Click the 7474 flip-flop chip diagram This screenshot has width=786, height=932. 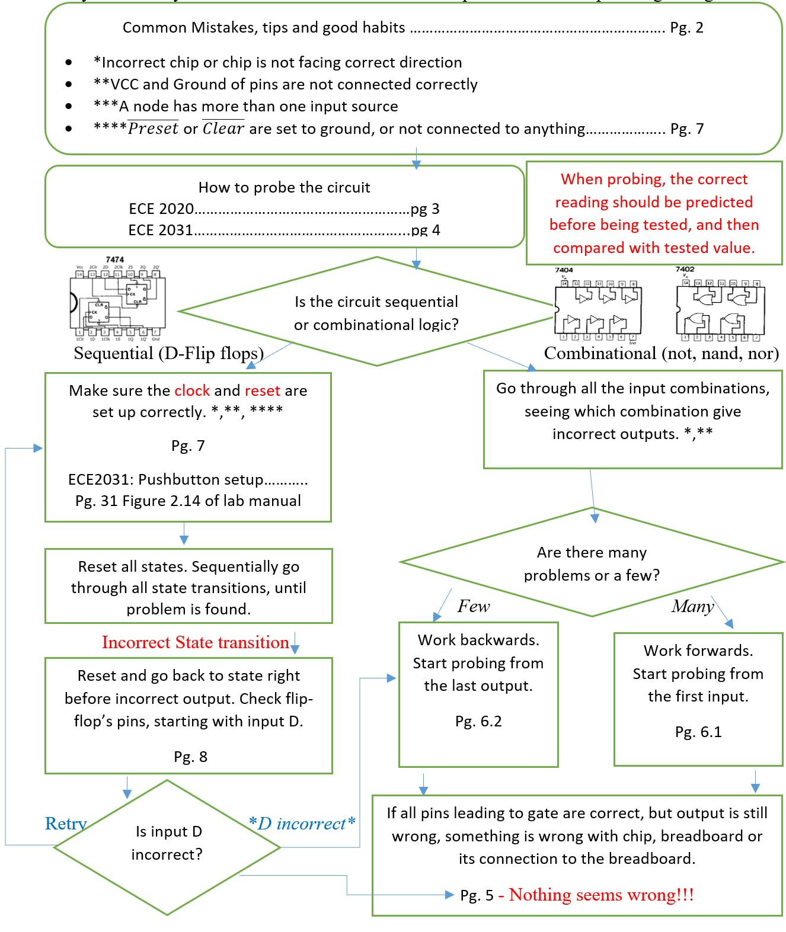click(117, 301)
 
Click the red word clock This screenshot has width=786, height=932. click(192, 390)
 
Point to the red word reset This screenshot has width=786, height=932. click(262, 390)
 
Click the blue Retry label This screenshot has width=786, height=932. click(66, 823)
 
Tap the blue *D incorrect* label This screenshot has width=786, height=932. click(302, 823)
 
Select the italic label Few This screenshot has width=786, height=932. click(473, 606)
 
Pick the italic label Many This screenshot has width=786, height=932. click(692, 606)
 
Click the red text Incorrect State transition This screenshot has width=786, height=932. click(195, 642)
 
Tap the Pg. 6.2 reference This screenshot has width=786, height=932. click(478, 721)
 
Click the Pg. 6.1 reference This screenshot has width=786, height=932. click(698, 732)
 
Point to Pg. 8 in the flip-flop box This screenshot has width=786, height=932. click(190, 757)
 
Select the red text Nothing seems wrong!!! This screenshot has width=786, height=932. click(601, 895)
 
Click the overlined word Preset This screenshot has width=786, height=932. click(153, 129)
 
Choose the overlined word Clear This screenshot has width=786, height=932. click(223, 129)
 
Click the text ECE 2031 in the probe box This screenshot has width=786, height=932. click(161, 230)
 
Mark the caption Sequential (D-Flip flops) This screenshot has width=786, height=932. click(168, 353)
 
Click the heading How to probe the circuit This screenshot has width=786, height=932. click(284, 187)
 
